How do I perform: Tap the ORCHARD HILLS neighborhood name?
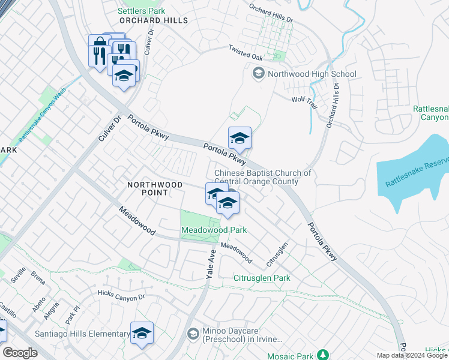154,20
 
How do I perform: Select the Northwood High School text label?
312,74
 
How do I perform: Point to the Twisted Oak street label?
246,52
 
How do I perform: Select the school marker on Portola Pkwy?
239,139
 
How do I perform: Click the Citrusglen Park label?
262,278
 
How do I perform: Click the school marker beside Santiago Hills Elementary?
142,334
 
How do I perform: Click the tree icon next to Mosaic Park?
323,355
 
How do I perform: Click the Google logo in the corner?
20,353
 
